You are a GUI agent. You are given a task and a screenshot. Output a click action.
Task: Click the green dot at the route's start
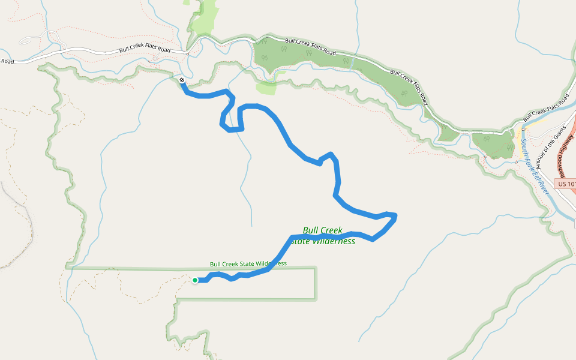click(195, 280)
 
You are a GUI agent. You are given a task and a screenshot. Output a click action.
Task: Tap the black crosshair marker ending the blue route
click(182, 79)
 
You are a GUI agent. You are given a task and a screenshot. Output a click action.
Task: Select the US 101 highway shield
click(566, 184)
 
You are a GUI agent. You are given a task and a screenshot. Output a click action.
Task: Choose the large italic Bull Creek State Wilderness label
click(323, 236)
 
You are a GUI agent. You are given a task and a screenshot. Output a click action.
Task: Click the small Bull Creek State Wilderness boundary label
click(248, 264)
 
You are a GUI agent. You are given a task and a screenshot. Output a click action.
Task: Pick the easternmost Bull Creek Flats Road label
click(546, 106)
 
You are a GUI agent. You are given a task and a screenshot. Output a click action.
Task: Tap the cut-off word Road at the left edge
click(7, 61)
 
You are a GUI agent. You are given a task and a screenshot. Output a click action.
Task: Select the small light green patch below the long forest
click(266, 88)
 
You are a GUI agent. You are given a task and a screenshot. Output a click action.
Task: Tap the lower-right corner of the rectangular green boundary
click(315, 298)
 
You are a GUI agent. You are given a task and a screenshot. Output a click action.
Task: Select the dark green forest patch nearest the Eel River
click(493, 143)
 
